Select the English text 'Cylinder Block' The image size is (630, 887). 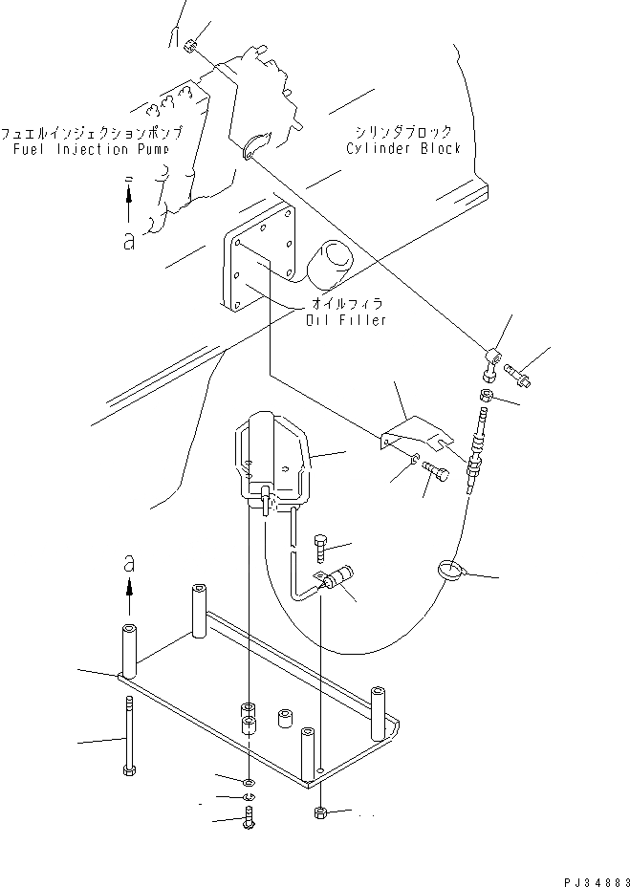click(404, 148)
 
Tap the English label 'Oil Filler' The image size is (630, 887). click(346, 319)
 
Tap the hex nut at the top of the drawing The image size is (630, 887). click(190, 45)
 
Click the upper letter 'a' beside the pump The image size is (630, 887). click(128, 240)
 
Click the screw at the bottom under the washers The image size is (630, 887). click(250, 818)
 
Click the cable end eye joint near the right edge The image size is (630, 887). click(492, 359)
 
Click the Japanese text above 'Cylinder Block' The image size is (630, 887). click(403, 132)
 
